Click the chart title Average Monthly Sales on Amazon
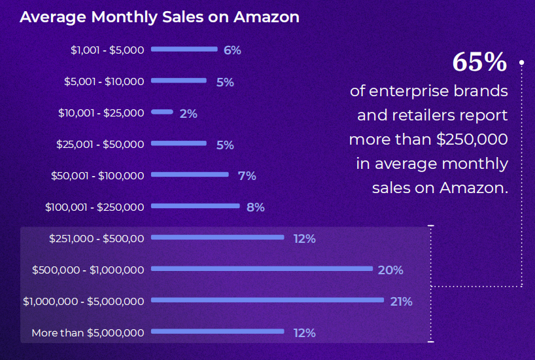pos(160,17)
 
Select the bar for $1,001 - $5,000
pos(184,49)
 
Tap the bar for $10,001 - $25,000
pos(162,112)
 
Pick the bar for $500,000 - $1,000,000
pos(262,268)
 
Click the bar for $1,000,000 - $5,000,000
pos(267,300)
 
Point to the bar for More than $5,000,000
pos(218,332)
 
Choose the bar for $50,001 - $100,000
pos(190,175)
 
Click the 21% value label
pos(401,302)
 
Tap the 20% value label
pos(390,270)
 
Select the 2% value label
pos(188,114)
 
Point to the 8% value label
pos(255,207)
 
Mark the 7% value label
pos(247,176)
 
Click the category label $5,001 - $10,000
pos(104,81)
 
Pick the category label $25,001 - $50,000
pos(100,144)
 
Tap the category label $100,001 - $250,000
pos(95,207)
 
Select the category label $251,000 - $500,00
pos(96,238)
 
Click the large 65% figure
pos(479,63)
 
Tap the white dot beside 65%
pos(522,63)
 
